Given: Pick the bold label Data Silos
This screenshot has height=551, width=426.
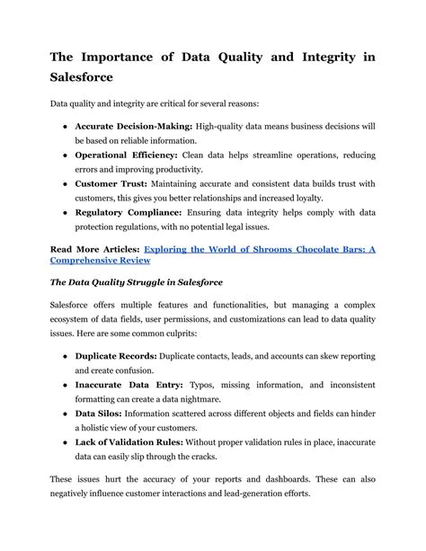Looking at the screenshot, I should (x=100, y=413).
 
